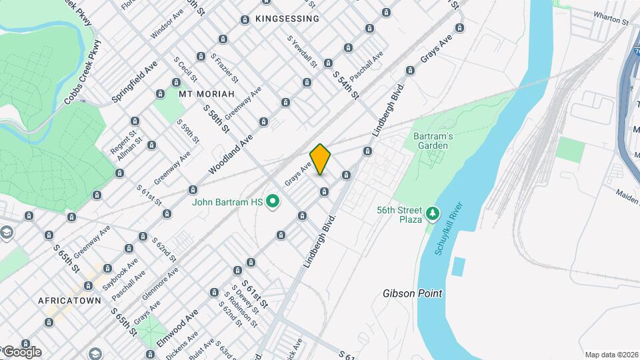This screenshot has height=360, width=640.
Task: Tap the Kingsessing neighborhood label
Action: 287,19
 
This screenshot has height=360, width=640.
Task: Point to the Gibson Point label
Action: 413,293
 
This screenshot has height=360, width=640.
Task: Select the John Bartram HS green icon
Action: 273,201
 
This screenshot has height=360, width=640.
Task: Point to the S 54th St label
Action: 346,85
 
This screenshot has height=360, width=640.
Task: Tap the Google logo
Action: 22,352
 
